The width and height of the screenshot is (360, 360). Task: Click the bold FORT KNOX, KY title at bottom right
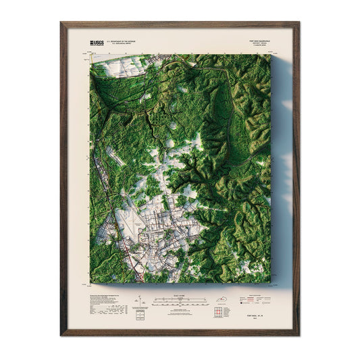pyautogui.click(x=257, y=306)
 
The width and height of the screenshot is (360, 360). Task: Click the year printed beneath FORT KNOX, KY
pyautogui.click(x=257, y=311)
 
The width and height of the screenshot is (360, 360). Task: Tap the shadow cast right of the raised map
pyautogui.click(x=280, y=169)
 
